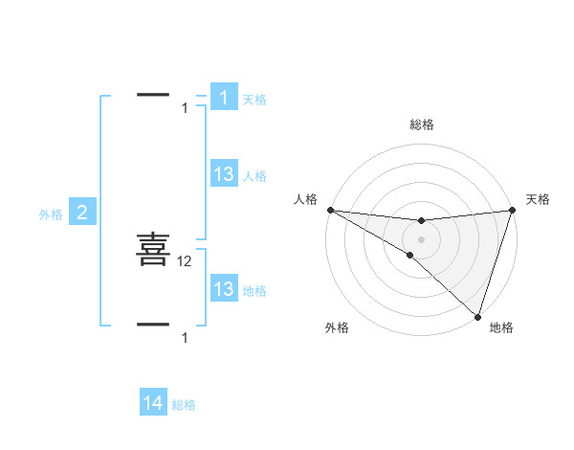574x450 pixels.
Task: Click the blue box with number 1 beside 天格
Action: [224, 98]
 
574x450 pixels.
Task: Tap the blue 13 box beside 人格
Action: [224, 173]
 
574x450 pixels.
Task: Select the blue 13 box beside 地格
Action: [224, 289]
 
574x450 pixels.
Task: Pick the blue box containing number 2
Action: [82, 213]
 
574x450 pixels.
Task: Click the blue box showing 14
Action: [153, 403]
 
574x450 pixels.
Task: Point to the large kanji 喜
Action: [153, 249]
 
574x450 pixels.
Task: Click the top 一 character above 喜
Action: [153, 95]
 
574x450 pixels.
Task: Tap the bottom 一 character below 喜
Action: [153, 325]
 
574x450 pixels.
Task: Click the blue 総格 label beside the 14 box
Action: [184, 405]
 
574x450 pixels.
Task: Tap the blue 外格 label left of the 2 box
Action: [51, 214]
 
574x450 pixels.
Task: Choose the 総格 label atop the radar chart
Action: [421, 124]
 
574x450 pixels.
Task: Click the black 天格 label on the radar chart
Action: [538, 199]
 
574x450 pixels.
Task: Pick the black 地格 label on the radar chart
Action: [501, 327]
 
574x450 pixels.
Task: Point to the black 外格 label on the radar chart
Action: [337, 327]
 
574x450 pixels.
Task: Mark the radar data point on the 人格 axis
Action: [329, 210]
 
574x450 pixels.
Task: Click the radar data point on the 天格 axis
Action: [512, 210]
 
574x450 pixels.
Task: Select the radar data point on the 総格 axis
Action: [421, 221]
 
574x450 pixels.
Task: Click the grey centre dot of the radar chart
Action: [421, 239]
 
